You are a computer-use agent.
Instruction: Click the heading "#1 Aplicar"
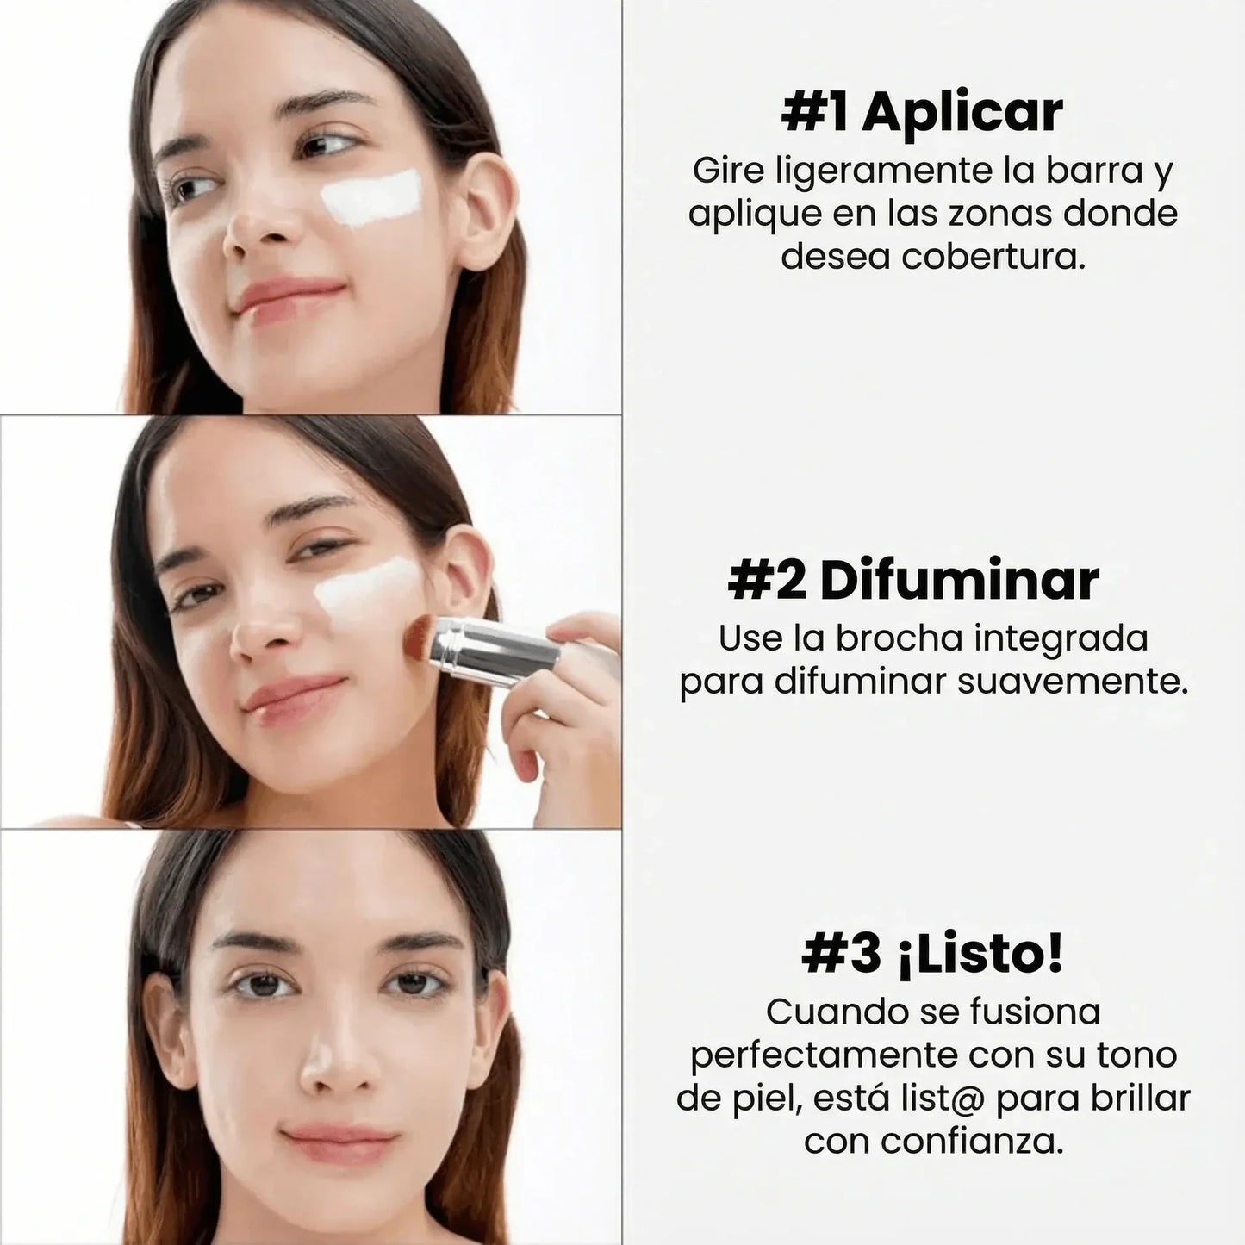[922, 113]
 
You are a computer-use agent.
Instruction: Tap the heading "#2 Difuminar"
[913, 581]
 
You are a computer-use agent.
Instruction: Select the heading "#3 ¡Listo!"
[932, 955]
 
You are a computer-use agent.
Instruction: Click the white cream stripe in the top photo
[372, 196]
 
